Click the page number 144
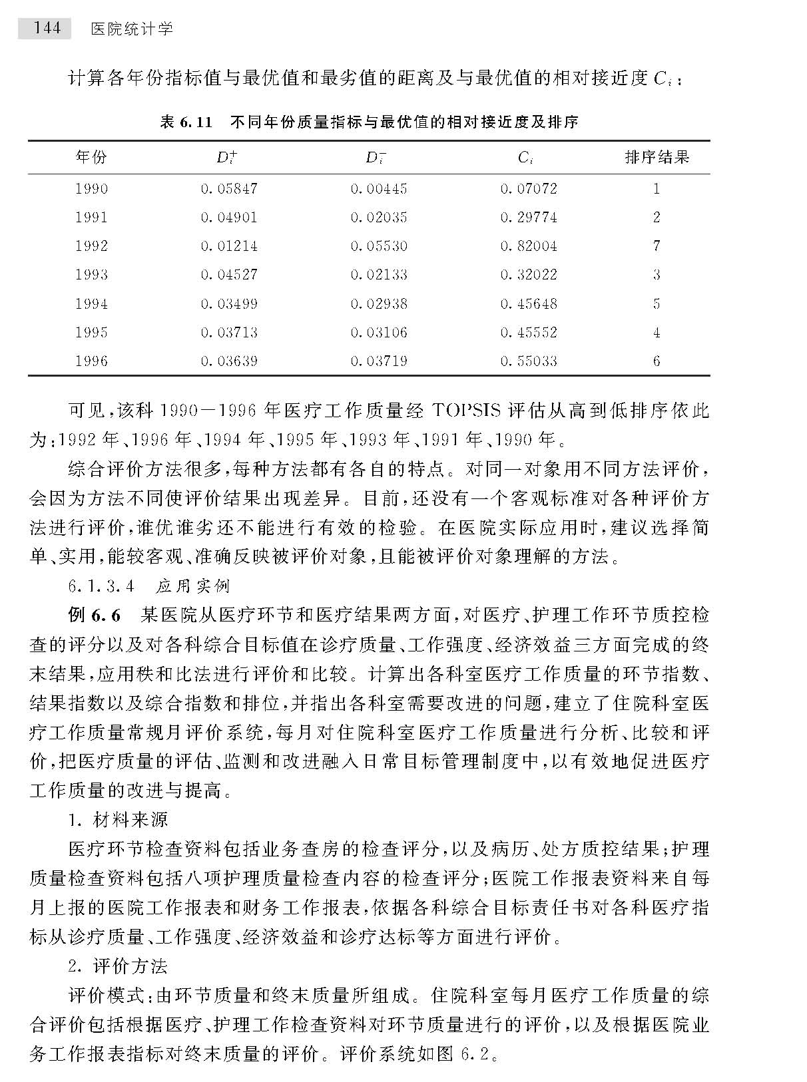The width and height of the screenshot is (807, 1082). click(x=45, y=28)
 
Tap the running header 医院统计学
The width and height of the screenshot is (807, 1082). click(x=131, y=29)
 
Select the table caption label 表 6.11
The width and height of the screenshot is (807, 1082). click(x=186, y=122)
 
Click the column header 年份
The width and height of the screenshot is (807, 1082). click(x=91, y=158)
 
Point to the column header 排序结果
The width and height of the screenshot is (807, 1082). click(x=657, y=158)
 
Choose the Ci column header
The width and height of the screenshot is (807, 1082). click(x=525, y=158)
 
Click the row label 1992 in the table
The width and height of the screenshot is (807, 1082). click(x=91, y=246)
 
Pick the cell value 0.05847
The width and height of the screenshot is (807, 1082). click(x=229, y=189)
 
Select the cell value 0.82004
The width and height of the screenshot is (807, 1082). click(x=529, y=246)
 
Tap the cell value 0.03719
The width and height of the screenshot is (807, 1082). click(x=379, y=361)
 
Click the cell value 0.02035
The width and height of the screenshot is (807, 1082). click(x=379, y=218)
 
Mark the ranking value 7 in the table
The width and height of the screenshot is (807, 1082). click(x=657, y=246)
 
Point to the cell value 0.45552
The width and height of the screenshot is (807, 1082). click(x=529, y=333)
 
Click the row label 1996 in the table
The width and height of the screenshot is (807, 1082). click(x=91, y=361)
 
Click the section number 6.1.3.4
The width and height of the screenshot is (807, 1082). click(x=101, y=586)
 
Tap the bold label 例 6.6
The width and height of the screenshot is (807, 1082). click(x=95, y=616)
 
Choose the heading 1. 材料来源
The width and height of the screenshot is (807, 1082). click(x=119, y=820)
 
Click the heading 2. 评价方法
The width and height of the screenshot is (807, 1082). click(x=119, y=966)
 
